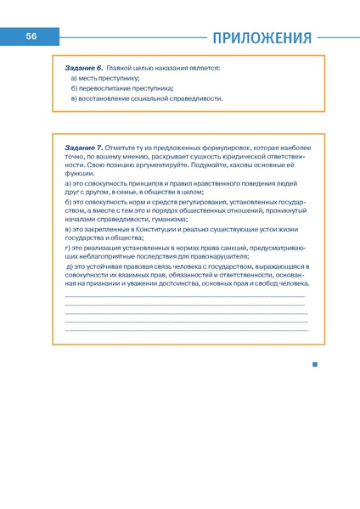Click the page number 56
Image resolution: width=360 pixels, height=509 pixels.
tap(31, 36)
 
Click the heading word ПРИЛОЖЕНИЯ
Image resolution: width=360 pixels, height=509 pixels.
tap(262, 37)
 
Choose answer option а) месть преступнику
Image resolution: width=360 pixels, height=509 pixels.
tap(105, 77)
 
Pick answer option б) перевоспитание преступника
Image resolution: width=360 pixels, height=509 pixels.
tap(122, 87)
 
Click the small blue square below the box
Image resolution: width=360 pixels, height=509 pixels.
tap(314, 365)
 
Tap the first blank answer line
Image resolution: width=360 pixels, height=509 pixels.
tap(184, 296)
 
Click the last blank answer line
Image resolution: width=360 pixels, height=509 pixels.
tap(184, 330)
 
